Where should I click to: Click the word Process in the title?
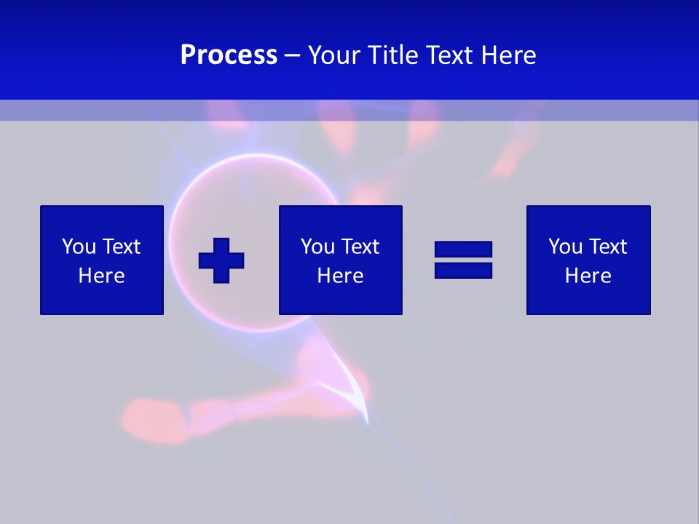click(229, 55)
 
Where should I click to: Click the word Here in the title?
click(509, 55)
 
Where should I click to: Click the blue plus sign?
click(221, 261)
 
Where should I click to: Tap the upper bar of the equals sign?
click(463, 250)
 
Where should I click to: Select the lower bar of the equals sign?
click(463, 270)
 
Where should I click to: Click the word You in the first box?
click(78, 247)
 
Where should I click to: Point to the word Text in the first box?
click(120, 247)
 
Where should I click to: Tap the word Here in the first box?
click(101, 276)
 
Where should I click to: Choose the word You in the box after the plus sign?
click(317, 247)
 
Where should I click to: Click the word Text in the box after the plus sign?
click(359, 247)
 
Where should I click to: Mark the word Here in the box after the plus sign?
click(340, 276)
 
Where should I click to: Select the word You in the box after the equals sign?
click(564, 247)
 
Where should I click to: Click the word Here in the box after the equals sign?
click(588, 276)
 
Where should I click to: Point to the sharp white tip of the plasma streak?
click(367, 421)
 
